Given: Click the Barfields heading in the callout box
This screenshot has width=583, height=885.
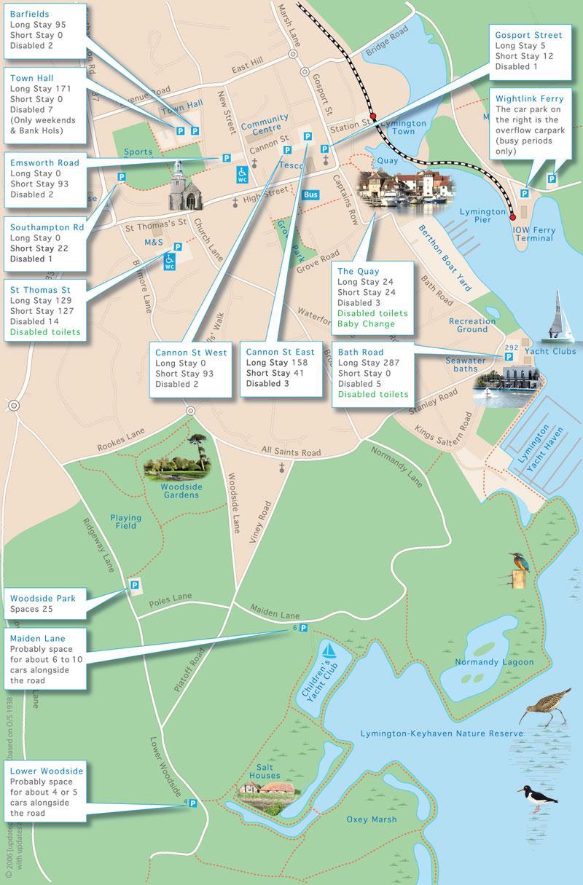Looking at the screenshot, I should [30, 13].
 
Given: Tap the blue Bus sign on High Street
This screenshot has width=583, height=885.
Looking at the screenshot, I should [310, 194].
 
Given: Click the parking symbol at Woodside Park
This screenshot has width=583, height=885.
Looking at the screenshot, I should [134, 585].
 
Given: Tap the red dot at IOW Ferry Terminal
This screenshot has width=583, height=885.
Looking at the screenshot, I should [512, 217].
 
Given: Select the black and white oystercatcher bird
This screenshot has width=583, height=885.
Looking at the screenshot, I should [538, 799].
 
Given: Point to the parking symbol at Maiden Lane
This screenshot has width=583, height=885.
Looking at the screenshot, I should [303, 628].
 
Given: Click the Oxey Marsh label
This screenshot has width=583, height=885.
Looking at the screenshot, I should [372, 819].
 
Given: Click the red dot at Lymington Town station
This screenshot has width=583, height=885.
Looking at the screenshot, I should [372, 117].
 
